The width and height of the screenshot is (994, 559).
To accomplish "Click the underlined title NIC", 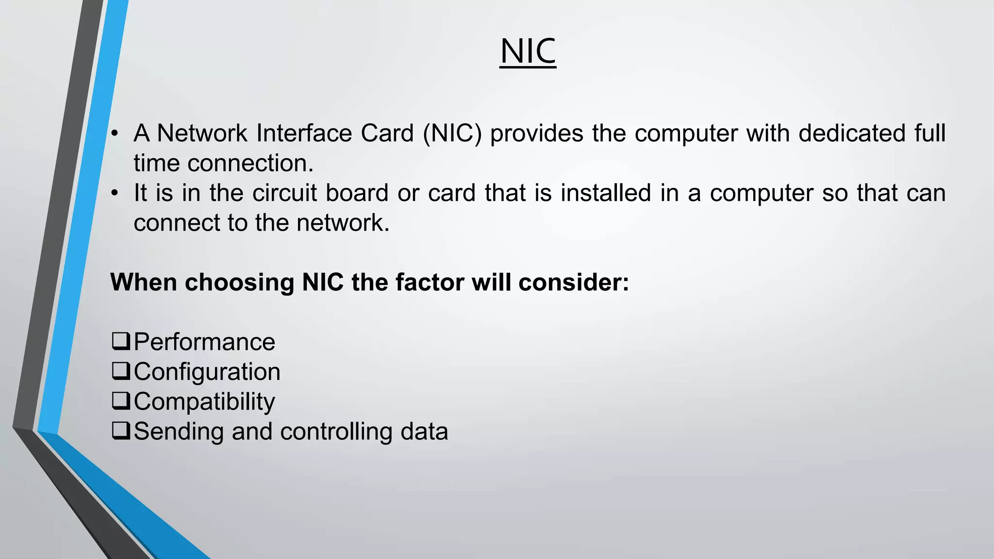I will click(x=528, y=51).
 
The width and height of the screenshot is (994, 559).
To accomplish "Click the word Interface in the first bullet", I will click(x=304, y=133).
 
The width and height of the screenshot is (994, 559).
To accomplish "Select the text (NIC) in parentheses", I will click(x=452, y=133).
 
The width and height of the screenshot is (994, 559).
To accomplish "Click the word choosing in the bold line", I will click(x=239, y=282).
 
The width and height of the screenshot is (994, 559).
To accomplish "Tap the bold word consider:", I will click(x=574, y=282).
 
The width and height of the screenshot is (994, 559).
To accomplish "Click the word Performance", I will click(x=204, y=342).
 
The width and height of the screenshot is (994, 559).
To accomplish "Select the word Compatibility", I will click(x=204, y=402).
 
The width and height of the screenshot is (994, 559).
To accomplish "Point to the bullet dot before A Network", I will click(x=114, y=134).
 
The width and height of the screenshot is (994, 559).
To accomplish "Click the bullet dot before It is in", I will click(x=114, y=194).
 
